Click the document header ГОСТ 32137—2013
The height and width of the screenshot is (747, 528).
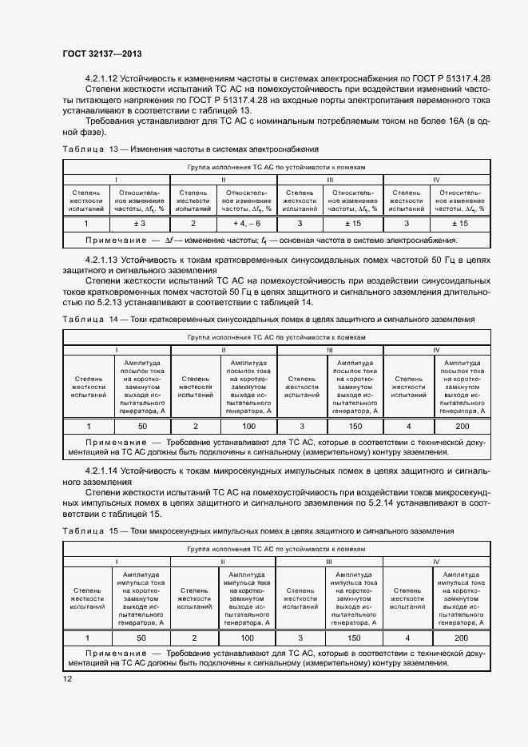[96, 53]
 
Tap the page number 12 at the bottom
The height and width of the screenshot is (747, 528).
[68, 678]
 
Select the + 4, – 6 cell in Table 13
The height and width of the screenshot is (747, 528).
[247, 224]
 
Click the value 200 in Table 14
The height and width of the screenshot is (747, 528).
[462, 426]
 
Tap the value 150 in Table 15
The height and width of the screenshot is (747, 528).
[355, 638]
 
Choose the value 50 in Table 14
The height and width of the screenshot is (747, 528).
[141, 426]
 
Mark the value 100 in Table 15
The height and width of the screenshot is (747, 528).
[248, 638]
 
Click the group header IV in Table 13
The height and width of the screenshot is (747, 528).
[436, 180]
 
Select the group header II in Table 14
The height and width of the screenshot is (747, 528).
[223, 349]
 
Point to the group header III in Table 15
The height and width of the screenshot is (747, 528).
[330, 562]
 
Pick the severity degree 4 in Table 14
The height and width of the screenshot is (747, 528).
[409, 426]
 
